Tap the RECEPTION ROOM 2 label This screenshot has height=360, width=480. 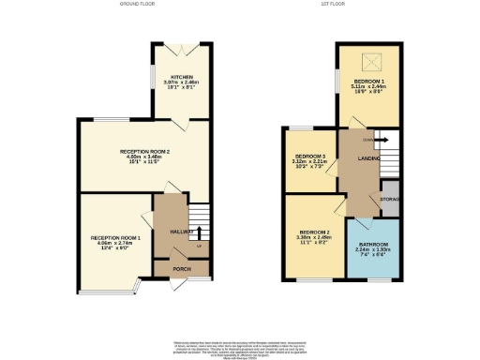pyautogui.click(x=144, y=150)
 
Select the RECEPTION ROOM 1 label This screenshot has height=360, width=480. pyautogui.click(x=115, y=238)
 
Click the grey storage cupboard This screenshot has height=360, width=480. pyautogui.click(x=390, y=199)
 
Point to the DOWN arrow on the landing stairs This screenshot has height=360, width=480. pyautogui.click(x=367, y=140)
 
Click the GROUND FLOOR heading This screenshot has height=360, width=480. pyautogui.click(x=137, y=5)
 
